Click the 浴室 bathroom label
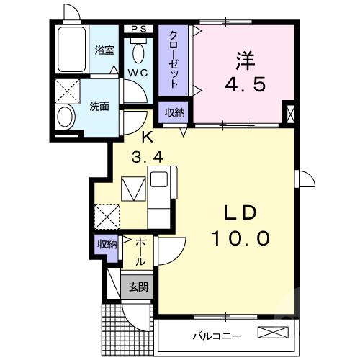click(105, 50)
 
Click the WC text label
click(138, 73)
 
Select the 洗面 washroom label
click(99, 107)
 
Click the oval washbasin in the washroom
click(65, 117)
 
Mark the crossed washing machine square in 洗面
click(66, 93)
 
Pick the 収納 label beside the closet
click(174, 113)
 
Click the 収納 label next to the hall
click(107, 245)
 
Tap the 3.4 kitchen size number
click(147, 155)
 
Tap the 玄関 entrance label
click(137, 287)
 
